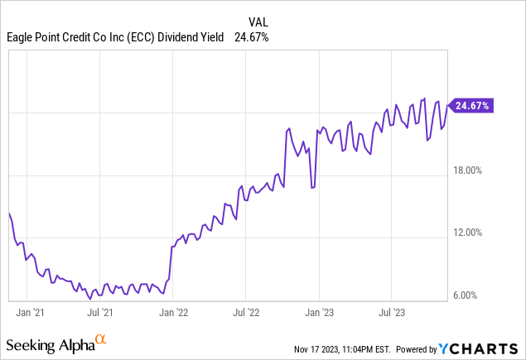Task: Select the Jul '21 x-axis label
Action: [x=100, y=313]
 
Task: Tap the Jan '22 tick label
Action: [x=173, y=313]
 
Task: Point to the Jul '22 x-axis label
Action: [x=245, y=313]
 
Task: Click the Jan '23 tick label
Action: [x=319, y=313]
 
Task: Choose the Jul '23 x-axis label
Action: [x=391, y=313]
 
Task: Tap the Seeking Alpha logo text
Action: [x=49, y=343]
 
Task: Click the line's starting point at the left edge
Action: [x=8, y=214]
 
